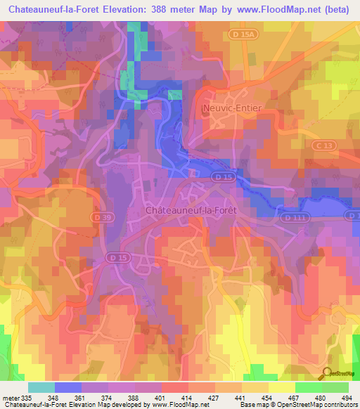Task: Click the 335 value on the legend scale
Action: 27,397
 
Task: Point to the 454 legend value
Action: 268,397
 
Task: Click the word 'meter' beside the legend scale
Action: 10,397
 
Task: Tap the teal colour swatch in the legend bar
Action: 41,387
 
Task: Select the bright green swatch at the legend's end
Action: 335,387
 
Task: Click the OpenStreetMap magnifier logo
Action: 325,372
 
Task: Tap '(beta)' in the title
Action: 338,9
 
